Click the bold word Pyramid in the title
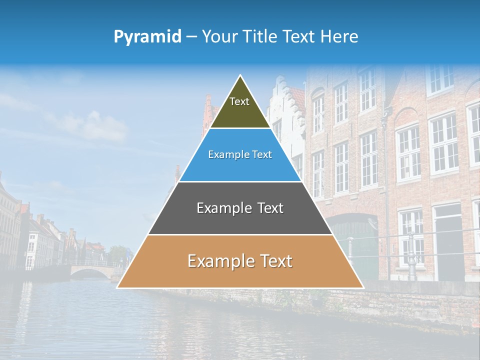coord(147,37)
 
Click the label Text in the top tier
coord(239,101)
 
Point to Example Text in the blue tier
coord(240,154)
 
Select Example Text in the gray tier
coord(240,208)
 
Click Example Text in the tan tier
coord(240,261)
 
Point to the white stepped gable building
coord(285,115)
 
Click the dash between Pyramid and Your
coord(191,37)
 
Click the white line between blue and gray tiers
coord(240,181)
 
